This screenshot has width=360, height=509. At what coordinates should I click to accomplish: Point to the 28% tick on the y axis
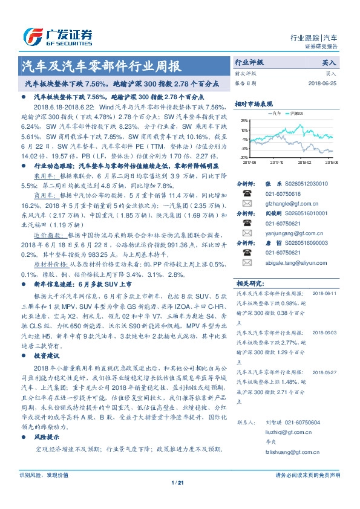[243, 120]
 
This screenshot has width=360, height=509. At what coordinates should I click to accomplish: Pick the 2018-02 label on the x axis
[304, 162]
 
